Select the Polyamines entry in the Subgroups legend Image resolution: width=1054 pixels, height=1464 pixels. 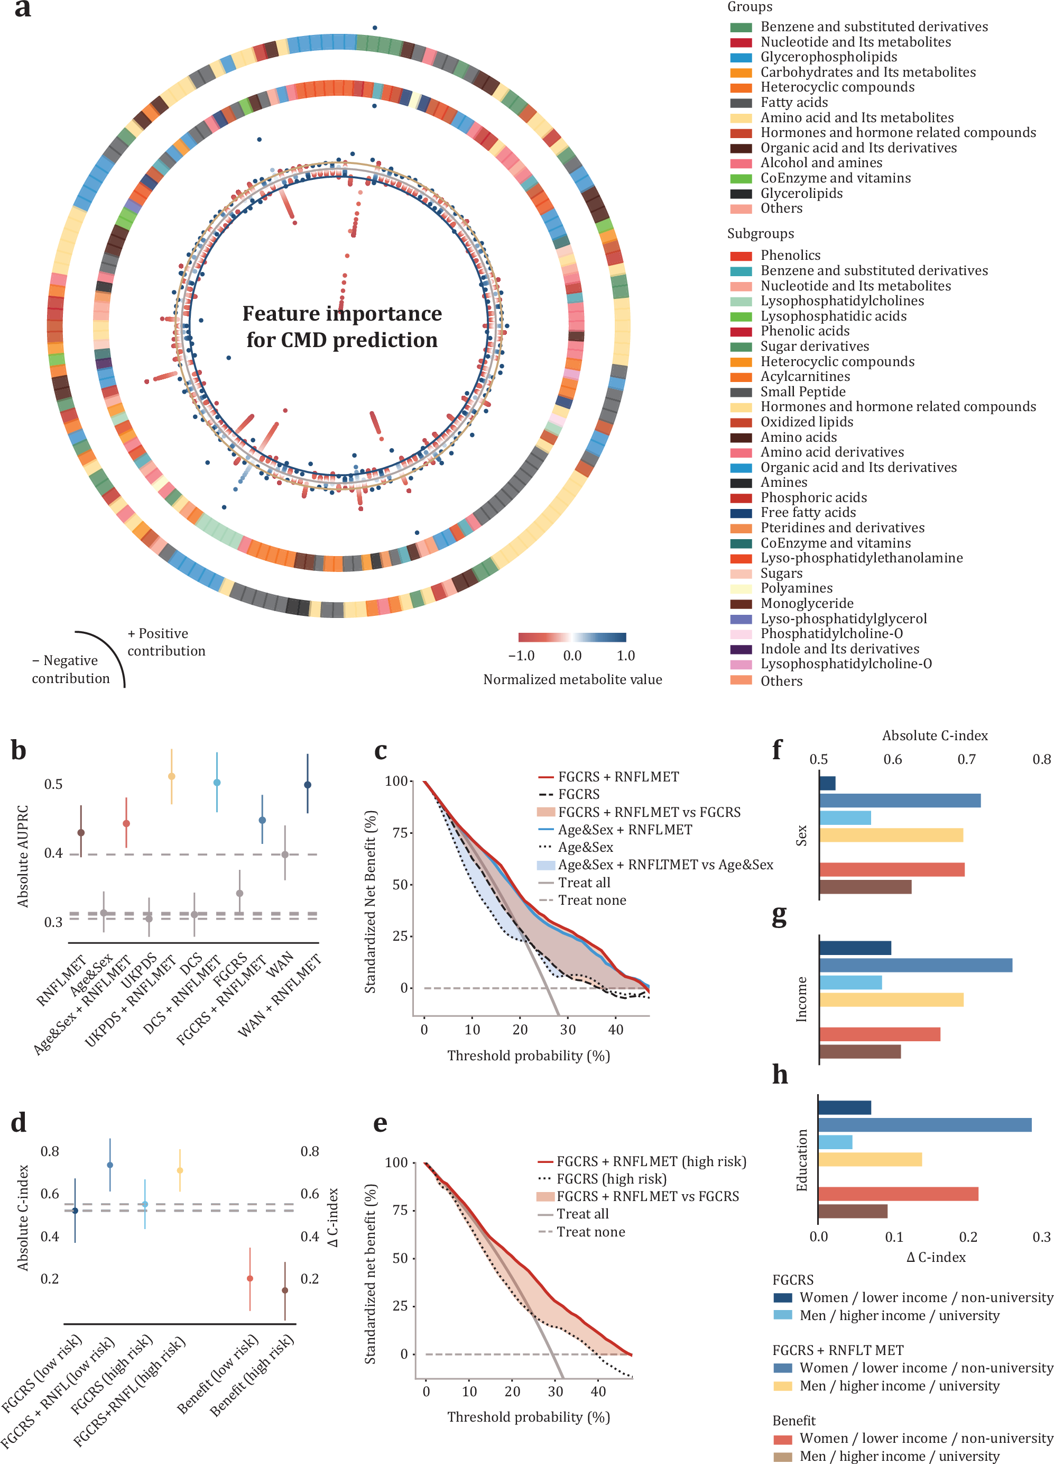pyautogui.click(x=796, y=588)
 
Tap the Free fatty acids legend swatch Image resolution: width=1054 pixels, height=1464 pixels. pyautogui.click(x=741, y=513)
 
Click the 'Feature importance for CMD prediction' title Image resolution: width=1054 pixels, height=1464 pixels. pyautogui.click(x=342, y=326)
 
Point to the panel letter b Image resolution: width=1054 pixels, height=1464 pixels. pyautogui.click(x=19, y=750)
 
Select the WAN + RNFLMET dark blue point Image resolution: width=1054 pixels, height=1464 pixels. pyautogui.click(x=308, y=785)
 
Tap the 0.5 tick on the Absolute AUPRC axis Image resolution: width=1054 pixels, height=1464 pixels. pyautogui.click(x=53, y=784)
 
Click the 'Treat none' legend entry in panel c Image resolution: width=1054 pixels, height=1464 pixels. pyautogui.click(x=591, y=900)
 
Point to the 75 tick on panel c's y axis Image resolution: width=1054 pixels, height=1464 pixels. pyautogui.click(x=401, y=833)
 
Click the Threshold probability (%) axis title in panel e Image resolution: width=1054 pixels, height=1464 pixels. pyautogui.click(x=528, y=1416)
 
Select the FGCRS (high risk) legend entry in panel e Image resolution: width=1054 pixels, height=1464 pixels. pyautogui.click(x=611, y=1179)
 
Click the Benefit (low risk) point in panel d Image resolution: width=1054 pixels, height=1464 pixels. pyautogui.click(x=249, y=1278)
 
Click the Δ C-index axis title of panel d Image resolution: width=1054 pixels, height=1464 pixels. pyautogui.click(x=333, y=1217)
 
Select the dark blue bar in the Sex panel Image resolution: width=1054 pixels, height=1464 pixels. pyautogui.click(x=827, y=784)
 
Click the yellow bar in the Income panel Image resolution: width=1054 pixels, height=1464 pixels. pyautogui.click(x=891, y=1000)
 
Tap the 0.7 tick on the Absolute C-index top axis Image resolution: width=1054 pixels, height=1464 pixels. pyautogui.click(x=966, y=759)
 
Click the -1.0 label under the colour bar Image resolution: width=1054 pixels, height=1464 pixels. pyautogui.click(x=521, y=656)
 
